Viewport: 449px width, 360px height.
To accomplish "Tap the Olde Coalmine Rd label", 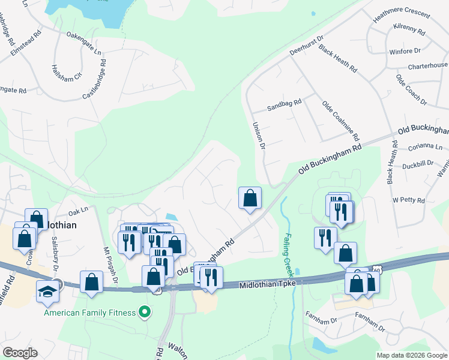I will coord(340,120).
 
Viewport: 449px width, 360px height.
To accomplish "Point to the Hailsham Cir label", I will coord(65,74).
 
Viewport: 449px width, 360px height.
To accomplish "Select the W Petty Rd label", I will coord(408,200).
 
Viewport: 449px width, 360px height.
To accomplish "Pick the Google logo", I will coord(20,353).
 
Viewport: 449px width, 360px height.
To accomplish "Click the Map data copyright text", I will coord(411,355).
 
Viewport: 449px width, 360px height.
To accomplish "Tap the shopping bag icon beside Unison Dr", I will coord(250,198).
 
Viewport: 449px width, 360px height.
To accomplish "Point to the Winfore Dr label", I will coord(405,52).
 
